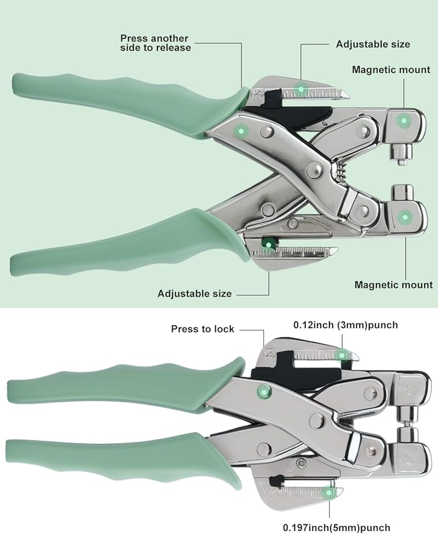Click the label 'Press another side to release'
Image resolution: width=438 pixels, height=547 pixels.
pos(155,43)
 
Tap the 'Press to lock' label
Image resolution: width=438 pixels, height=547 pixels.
pos(203,329)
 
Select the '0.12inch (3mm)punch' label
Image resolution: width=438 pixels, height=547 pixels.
pos(345,325)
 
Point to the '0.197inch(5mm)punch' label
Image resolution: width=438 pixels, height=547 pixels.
pos(336,528)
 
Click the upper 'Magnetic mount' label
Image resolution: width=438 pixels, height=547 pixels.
pos(391,70)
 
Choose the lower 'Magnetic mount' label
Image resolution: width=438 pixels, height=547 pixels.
pos(394,284)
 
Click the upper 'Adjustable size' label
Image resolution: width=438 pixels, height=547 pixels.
pos(373,44)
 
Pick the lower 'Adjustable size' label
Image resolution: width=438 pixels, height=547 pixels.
pos(194,293)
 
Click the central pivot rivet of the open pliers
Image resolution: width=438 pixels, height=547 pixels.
pos(317,170)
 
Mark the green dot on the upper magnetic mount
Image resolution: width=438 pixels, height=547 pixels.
pos(404,121)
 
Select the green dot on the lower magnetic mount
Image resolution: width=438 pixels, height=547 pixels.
pos(405,217)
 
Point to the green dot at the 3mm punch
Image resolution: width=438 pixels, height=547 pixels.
pos(342,356)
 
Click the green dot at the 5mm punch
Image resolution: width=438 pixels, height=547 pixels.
pos(328,492)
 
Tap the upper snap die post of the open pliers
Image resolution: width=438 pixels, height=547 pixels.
pos(402,154)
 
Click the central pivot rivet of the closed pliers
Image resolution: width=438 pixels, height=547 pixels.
pos(317,420)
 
